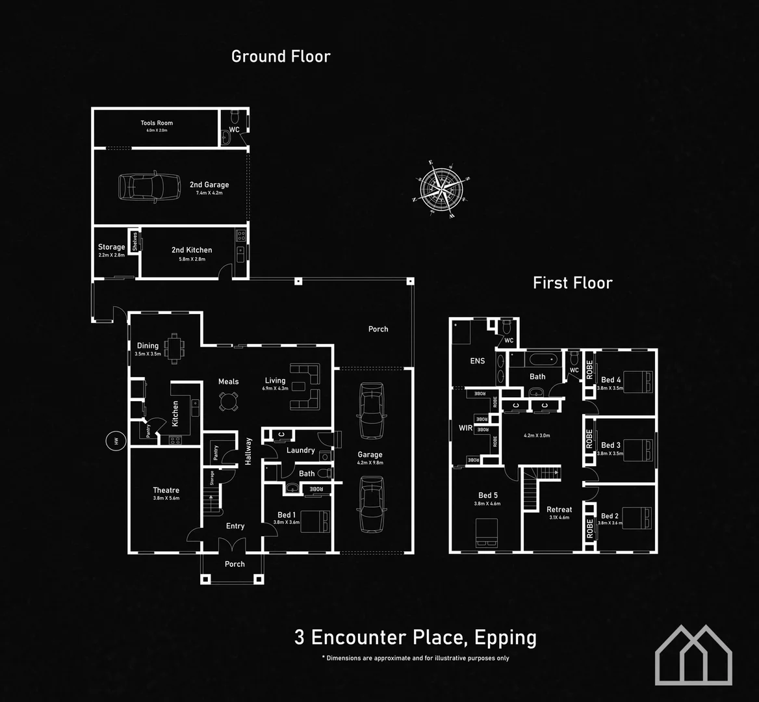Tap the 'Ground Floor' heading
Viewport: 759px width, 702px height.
281,57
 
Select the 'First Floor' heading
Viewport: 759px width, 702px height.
572,283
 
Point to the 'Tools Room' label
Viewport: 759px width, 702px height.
157,123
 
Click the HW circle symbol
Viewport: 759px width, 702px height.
116,441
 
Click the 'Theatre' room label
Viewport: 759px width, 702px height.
166,490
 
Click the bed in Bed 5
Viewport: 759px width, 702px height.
487,530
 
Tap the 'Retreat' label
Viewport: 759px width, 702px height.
559,510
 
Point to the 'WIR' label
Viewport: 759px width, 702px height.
465,428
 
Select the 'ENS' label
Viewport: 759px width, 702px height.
478,361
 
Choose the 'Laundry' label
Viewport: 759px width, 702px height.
300,450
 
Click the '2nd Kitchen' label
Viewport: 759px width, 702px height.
192,250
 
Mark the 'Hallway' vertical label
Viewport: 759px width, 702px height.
248,451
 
